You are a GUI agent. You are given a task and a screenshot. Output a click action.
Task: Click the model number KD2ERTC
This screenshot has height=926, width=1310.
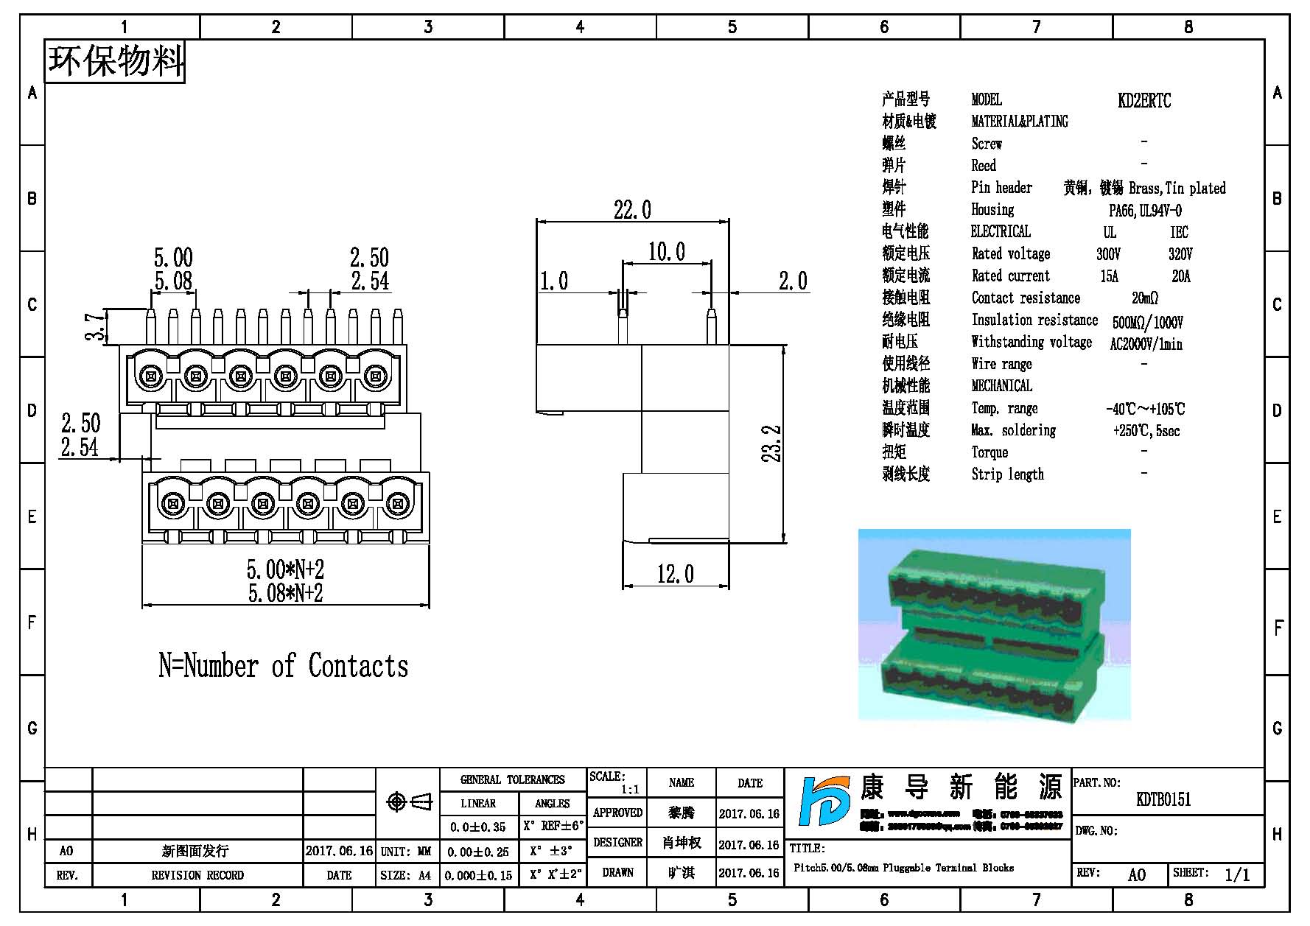point(1143,101)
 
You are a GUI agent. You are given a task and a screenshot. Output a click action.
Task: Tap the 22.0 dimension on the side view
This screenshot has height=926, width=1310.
point(632,211)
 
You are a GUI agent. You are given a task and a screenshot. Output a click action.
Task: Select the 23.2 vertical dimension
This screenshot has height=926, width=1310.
point(771,443)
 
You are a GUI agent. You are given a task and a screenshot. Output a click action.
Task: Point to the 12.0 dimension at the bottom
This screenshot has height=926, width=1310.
point(675,574)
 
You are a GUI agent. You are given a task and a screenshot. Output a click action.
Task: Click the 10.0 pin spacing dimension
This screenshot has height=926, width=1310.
point(666,252)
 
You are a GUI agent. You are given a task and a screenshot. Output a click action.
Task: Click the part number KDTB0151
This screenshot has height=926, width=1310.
point(1163,799)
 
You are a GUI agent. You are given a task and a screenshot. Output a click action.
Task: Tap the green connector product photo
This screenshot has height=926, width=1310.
point(994,624)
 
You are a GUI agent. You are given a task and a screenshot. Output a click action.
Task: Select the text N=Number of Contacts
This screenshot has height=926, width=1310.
point(283,666)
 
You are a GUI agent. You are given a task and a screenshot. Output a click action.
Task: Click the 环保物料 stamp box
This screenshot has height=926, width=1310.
point(115,61)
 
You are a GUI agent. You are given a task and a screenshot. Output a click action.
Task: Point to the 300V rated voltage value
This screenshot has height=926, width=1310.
point(1108,254)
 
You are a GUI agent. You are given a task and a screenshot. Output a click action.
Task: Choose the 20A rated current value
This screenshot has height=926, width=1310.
point(1180,276)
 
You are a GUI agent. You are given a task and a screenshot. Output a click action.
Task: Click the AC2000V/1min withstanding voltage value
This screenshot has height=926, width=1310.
point(1146,344)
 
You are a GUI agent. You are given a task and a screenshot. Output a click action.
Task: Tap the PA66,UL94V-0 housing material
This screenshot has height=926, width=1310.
point(1145,211)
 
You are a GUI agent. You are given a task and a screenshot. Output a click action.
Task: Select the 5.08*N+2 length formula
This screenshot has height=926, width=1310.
point(285,593)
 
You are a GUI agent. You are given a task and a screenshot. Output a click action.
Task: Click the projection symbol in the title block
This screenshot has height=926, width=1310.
point(409,802)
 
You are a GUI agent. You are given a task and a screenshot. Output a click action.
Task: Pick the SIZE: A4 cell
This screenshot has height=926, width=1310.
point(406,875)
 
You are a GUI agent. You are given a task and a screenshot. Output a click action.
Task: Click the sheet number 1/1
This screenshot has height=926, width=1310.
point(1237,874)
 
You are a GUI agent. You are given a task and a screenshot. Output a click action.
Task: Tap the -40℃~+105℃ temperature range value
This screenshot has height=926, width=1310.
point(1145,409)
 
